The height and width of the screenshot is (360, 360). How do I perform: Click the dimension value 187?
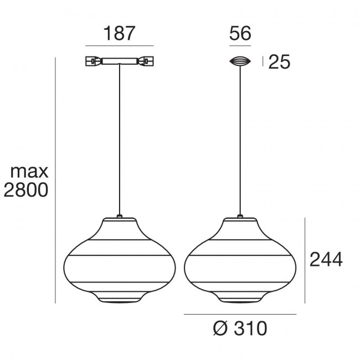(119, 33)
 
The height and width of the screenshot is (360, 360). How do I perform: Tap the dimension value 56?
(240, 33)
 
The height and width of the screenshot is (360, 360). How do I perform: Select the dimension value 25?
(279, 63)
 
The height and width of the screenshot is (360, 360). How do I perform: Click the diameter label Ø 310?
(240, 329)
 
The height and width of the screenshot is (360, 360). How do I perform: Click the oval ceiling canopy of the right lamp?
(240, 62)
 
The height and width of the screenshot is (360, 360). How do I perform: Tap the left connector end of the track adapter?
(92, 61)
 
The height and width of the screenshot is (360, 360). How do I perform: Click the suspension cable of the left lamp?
(119, 138)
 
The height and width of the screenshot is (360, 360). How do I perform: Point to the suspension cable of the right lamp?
(240, 138)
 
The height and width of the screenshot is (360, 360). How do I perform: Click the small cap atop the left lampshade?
(119, 215)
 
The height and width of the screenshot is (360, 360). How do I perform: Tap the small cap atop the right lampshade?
(240, 215)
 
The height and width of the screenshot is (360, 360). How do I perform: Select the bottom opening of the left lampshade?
(119, 302)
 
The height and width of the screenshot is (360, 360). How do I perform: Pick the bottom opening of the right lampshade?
(240, 302)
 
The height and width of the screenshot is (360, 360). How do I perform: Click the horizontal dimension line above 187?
(119, 45)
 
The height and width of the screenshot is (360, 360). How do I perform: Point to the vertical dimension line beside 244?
(305, 260)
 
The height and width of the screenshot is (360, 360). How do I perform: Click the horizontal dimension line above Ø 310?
(240, 314)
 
